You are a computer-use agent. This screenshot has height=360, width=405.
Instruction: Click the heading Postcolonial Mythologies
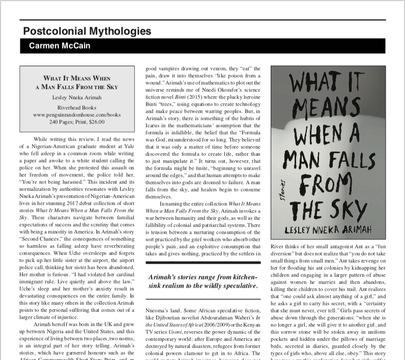pyautogui.click(x=87, y=31)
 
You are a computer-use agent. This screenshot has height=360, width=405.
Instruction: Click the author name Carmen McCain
pyautogui.click(x=53, y=46)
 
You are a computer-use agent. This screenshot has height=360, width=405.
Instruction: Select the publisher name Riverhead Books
pyautogui.click(x=76, y=108)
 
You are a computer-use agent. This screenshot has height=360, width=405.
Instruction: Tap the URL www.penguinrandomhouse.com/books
pyautogui.click(x=76, y=115)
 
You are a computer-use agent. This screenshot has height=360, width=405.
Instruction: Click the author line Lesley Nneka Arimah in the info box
pyautogui.click(x=76, y=97)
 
